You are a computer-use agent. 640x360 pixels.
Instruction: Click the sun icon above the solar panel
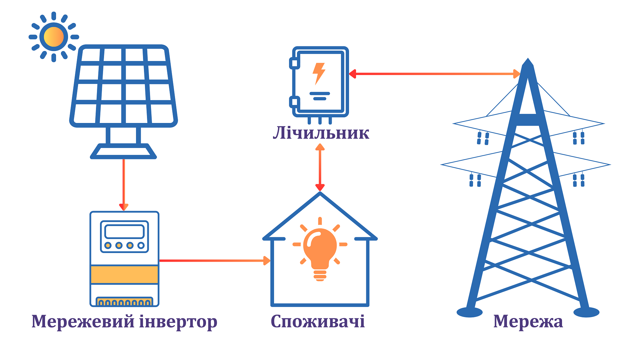coord(54,37)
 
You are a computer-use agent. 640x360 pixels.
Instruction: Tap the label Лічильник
coord(321,133)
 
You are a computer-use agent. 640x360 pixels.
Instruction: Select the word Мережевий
coord(83,321)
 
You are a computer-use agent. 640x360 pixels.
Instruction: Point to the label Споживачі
coord(317,321)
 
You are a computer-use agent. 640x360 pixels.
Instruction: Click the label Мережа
coord(528,321)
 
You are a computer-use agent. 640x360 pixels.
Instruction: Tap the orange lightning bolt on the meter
coord(319,73)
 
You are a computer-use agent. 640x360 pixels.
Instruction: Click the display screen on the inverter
coord(124,231)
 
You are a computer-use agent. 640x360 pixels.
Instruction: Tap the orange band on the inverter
coord(124,275)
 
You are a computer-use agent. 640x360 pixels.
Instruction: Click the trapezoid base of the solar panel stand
coord(123,152)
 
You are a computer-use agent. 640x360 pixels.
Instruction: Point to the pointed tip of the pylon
coord(528,61)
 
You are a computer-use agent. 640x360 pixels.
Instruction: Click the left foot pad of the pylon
coord(469,312)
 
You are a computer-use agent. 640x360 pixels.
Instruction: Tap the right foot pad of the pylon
coord(586,312)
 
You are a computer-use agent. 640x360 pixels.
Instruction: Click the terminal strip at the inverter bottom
coord(124,302)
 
